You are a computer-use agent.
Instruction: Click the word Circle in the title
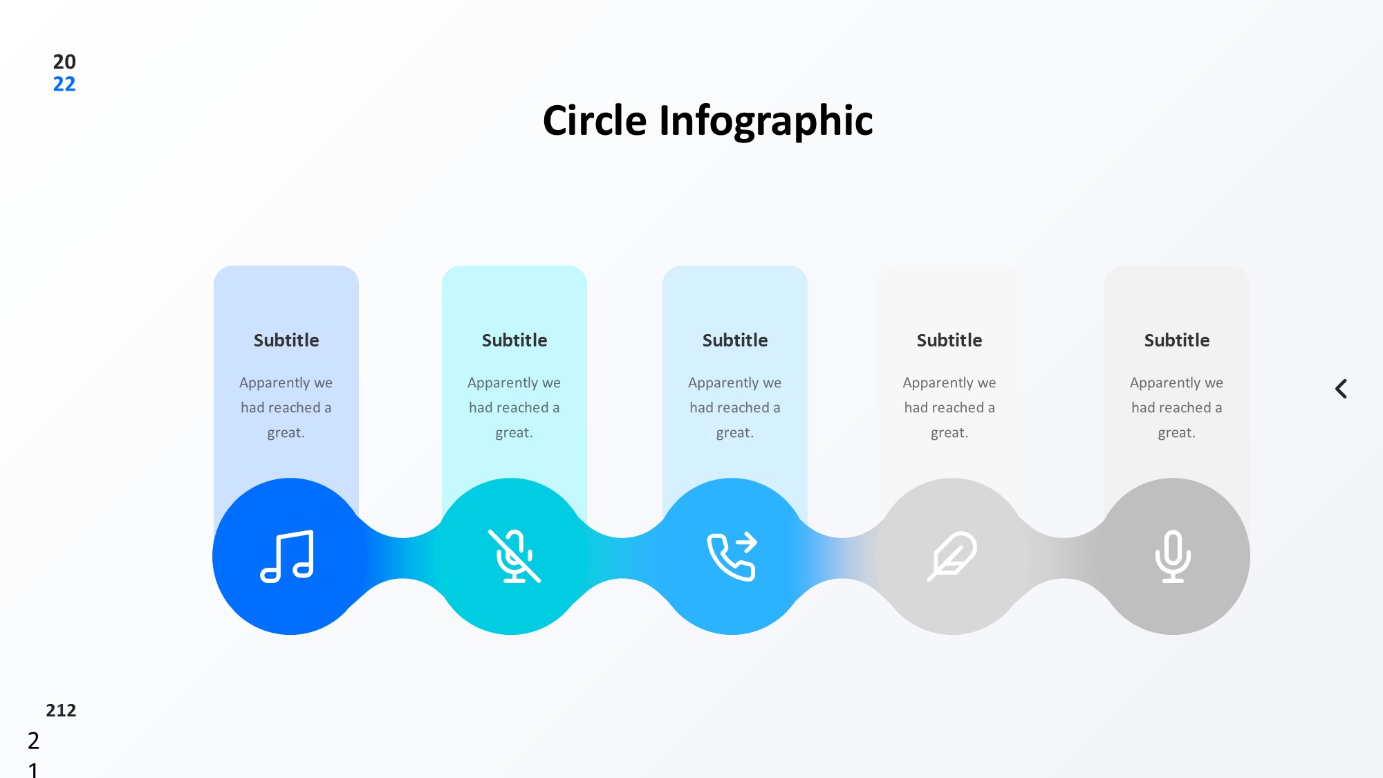tap(595, 120)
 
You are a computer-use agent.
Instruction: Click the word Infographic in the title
tap(766, 122)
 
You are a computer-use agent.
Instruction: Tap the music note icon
tap(287, 556)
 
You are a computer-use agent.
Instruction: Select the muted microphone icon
tap(514, 556)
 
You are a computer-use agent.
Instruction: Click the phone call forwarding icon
tap(732, 556)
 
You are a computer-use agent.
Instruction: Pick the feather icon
tap(952, 556)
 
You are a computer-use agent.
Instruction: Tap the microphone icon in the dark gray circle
tap(1173, 556)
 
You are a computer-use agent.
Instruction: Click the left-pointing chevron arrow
tap(1341, 389)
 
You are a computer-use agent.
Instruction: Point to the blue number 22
tap(64, 84)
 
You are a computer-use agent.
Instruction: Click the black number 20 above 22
tap(64, 62)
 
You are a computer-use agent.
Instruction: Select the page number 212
tap(61, 710)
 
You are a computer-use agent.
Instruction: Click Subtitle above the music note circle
tap(286, 340)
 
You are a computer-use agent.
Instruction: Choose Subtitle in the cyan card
tap(514, 340)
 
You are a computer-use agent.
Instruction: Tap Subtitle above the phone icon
tap(735, 340)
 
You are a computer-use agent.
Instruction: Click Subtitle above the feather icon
tap(949, 340)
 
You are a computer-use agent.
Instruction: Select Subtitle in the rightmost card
tap(1177, 340)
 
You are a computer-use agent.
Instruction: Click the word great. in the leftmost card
tap(286, 433)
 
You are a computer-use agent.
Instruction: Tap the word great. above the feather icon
tap(949, 433)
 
